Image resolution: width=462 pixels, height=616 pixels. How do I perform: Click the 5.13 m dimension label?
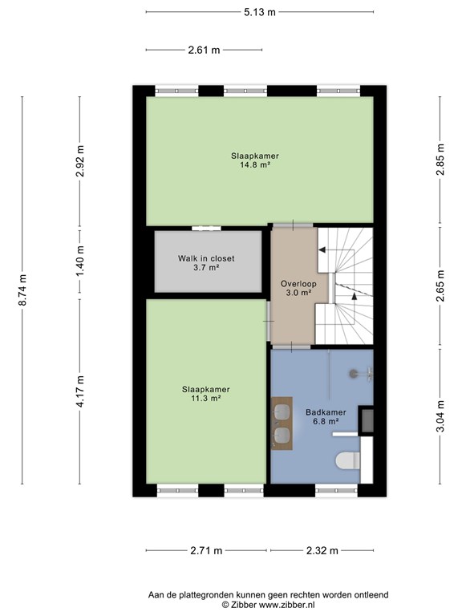point(260,12)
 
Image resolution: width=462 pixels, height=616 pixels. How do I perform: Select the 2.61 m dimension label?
point(204,50)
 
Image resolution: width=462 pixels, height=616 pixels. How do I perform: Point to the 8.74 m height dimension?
point(23,290)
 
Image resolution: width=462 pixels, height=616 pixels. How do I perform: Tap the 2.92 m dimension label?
point(80,161)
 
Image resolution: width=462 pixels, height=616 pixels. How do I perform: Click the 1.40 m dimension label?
point(80,261)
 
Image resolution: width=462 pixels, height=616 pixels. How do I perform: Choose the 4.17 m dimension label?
point(80,391)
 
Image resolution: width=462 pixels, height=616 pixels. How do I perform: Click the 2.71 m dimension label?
point(206,550)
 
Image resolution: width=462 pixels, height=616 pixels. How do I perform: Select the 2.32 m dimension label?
point(322,550)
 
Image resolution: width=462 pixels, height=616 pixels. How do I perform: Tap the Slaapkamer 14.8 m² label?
point(255,160)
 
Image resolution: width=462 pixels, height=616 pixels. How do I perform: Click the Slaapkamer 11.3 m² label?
point(206,394)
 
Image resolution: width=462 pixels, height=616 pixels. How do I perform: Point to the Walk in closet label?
point(206,258)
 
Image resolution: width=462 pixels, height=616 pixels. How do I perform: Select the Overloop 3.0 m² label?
point(298,288)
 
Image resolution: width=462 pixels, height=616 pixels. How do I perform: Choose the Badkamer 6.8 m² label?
point(326,417)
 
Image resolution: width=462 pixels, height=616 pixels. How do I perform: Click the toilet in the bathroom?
point(348,460)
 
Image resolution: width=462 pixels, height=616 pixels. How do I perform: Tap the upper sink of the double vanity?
point(282,411)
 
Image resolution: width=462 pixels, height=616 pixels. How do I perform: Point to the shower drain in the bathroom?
point(354,373)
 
